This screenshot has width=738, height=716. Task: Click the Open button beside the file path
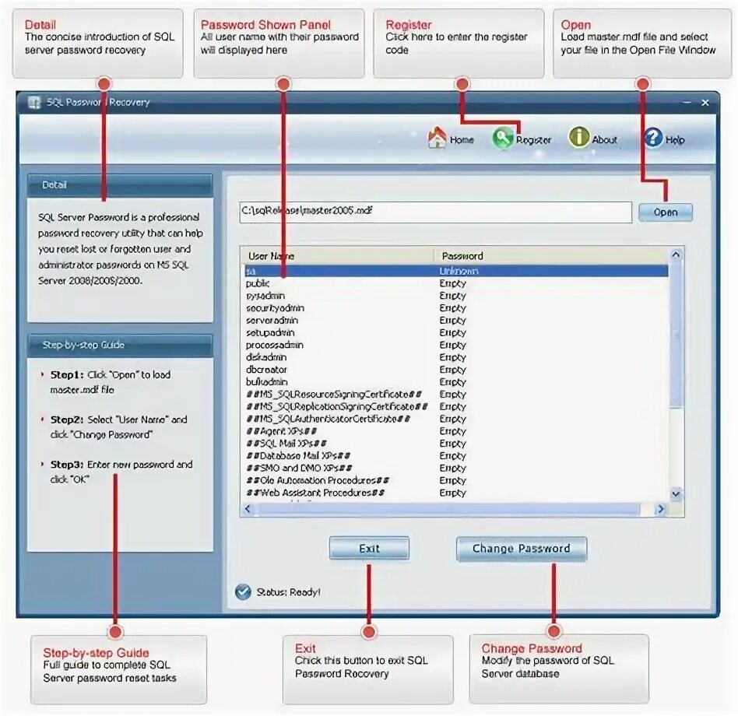click(665, 212)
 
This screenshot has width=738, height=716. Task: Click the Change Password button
click(521, 549)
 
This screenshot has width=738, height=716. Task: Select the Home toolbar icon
click(438, 139)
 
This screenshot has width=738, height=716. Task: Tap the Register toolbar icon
click(503, 139)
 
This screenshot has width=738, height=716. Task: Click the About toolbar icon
click(579, 138)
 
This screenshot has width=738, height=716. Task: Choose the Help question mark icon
click(653, 139)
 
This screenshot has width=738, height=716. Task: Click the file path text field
click(434, 211)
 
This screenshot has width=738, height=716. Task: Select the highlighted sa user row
click(455, 271)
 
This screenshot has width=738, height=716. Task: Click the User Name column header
click(271, 255)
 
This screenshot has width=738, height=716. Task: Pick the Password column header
click(462, 255)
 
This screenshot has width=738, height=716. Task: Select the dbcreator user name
click(266, 370)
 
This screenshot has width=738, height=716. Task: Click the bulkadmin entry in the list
click(266, 382)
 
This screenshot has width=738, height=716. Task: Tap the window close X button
click(705, 102)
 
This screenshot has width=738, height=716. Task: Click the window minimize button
click(687, 102)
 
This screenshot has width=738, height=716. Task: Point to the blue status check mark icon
click(243, 592)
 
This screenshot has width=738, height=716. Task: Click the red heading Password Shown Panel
click(265, 25)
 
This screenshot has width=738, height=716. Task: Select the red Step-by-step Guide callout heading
click(96, 653)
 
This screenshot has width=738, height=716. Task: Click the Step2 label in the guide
click(67, 419)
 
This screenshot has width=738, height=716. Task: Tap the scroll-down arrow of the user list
click(676, 493)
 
